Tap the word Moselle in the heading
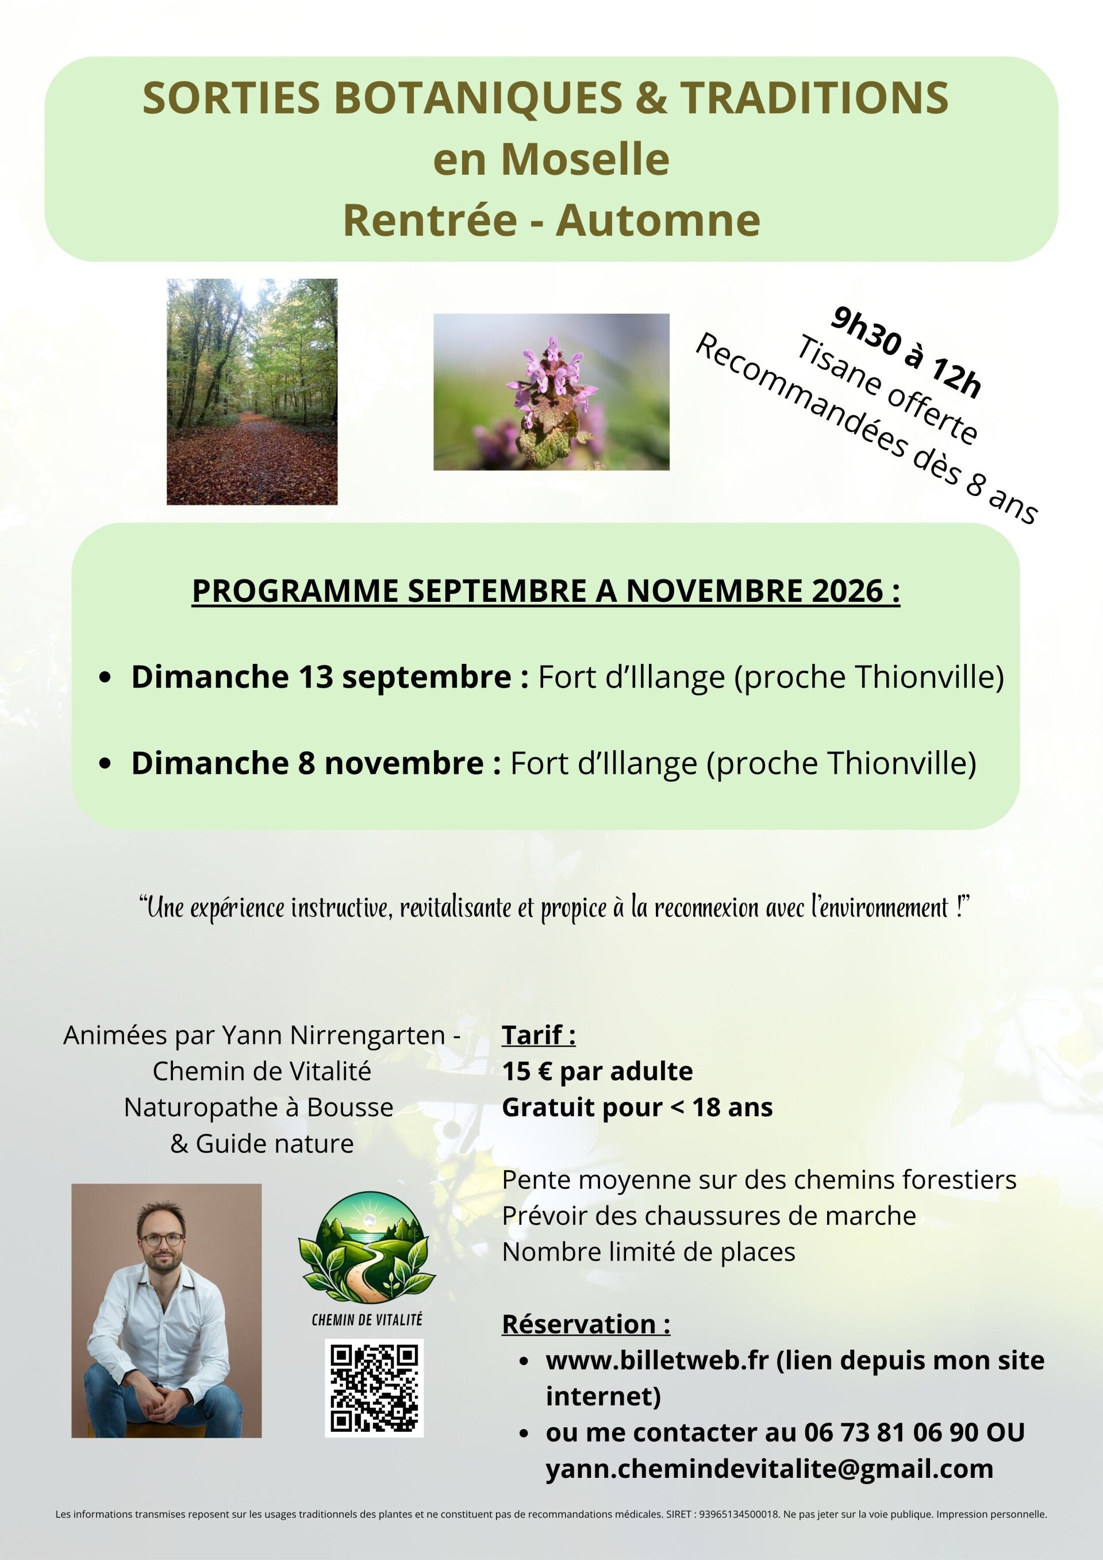click(x=585, y=160)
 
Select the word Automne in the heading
click(x=658, y=220)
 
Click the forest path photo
click(x=252, y=391)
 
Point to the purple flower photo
click(x=551, y=392)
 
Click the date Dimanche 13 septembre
click(x=321, y=678)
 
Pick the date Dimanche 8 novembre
click(x=307, y=763)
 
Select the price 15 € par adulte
click(x=597, y=1071)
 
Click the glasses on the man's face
click(x=162, y=1239)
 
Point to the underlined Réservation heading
click(x=586, y=1324)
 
